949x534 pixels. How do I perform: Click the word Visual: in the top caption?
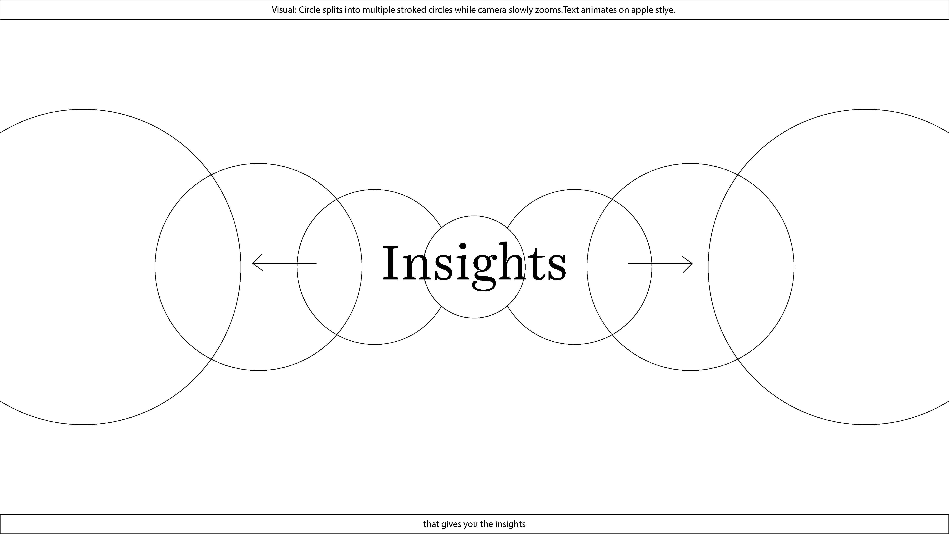284,10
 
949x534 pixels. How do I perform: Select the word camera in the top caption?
492,10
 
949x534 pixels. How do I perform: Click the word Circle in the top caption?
309,10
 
